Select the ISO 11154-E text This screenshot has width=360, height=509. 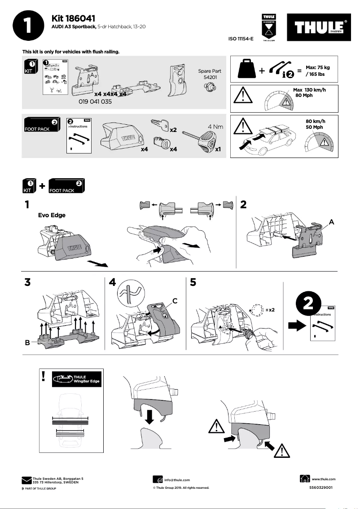point(241,39)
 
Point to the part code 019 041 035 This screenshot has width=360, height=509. point(95,102)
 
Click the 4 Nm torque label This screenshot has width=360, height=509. point(215,127)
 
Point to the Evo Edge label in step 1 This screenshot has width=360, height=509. point(52,215)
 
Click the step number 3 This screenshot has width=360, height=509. point(28,283)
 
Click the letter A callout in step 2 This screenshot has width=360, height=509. point(331,222)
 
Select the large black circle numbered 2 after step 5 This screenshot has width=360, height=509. point(308,304)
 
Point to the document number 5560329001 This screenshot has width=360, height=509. point(321,487)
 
